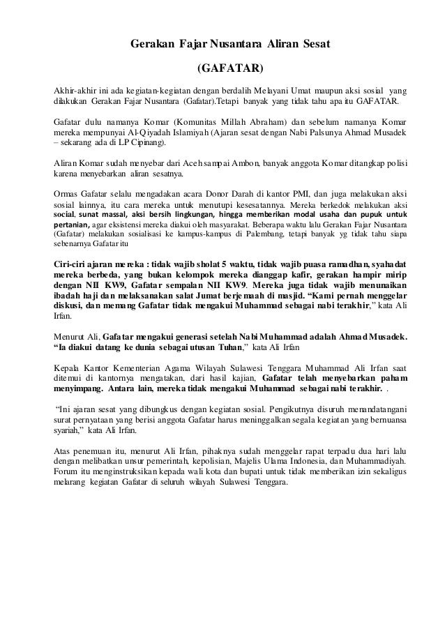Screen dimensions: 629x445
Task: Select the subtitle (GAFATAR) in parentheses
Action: click(231, 69)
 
